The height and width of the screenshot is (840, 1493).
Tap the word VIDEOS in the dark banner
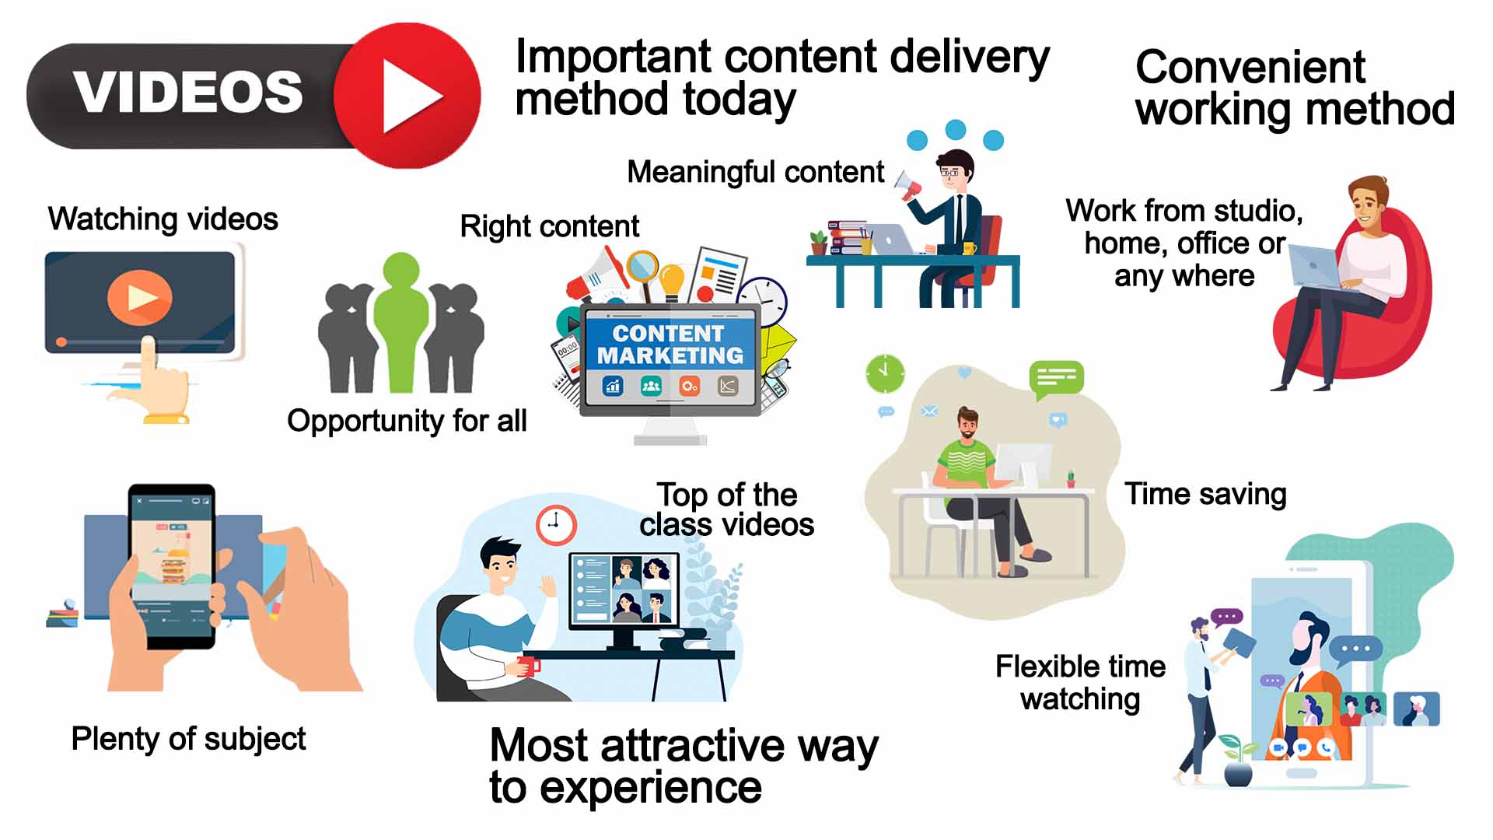coord(188,92)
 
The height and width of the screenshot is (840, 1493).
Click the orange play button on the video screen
coord(140,296)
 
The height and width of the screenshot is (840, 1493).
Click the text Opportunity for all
coord(407,421)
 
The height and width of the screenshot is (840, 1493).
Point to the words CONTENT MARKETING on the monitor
coord(670,345)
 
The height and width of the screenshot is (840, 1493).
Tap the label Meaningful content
coord(756,172)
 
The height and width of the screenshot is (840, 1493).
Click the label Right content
coord(550,226)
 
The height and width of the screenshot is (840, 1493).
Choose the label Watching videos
coord(163,219)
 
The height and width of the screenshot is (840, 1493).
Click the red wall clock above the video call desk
coord(556,524)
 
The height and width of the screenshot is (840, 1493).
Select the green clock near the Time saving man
coord(885,374)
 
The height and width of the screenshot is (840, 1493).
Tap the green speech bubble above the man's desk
coord(1056,380)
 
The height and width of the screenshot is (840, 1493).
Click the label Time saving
coord(1205,495)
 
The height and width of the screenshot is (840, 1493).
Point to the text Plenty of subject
coord(188,739)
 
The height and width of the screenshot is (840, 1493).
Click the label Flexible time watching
coord(1081,683)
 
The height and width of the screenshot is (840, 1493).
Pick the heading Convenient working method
coord(1295,88)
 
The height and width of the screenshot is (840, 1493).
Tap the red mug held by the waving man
coord(529,666)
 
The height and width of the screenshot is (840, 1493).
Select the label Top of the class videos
coord(727,509)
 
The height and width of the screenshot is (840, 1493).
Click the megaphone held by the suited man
coord(908,186)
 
